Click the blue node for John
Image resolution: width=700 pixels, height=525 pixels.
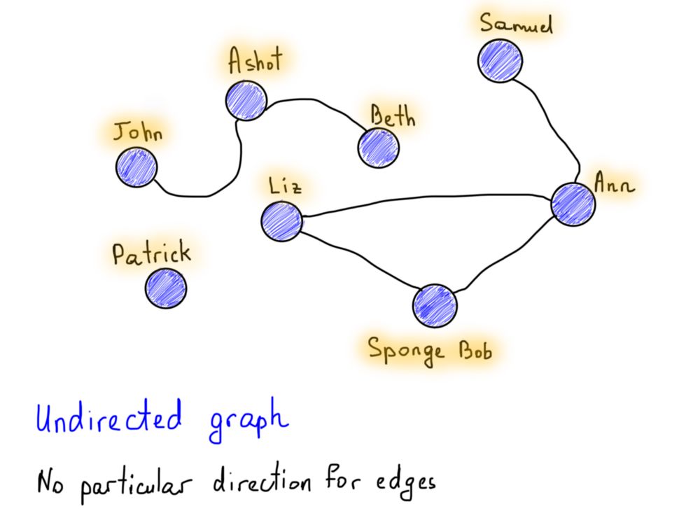pyautogui.click(x=137, y=168)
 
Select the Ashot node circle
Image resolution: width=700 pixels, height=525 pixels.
pyautogui.click(x=246, y=100)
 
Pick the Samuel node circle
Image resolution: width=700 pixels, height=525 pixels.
pyautogui.click(x=500, y=60)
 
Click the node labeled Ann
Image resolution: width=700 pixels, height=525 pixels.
pyautogui.click(x=573, y=204)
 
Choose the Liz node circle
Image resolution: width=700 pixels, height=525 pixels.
pyautogui.click(x=281, y=220)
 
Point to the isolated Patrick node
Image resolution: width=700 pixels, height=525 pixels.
pyautogui.click(x=167, y=288)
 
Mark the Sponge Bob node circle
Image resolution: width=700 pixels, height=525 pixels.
pyautogui.click(x=434, y=306)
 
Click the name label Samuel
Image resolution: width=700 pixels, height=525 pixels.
pyautogui.click(x=517, y=24)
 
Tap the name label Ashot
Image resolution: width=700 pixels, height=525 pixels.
pyautogui.click(x=255, y=61)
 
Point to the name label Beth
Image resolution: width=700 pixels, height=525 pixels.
pyautogui.click(x=393, y=116)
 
